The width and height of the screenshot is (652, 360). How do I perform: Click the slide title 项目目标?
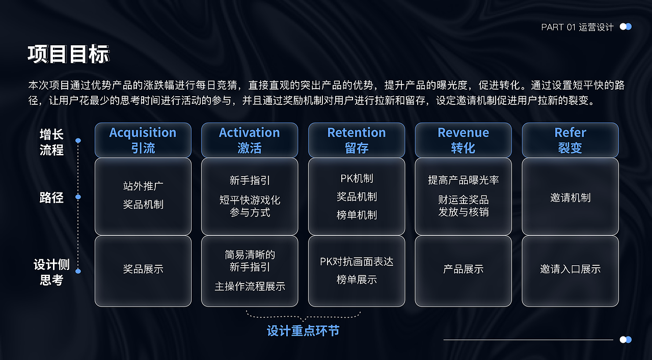click(68, 54)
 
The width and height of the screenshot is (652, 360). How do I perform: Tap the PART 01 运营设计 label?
click(577, 27)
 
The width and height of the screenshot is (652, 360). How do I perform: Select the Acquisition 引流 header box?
click(143, 140)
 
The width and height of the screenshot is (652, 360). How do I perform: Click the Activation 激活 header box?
click(250, 140)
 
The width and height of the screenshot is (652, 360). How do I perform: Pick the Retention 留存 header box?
click(357, 140)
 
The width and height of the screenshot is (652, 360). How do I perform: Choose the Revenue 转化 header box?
click(463, 140)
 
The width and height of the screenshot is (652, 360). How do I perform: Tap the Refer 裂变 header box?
click(570, 140)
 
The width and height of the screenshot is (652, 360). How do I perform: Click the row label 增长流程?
click(51, 142)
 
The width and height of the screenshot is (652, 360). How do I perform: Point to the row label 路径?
click(51, 198)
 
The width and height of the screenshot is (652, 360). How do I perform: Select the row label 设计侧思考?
click(51, 272)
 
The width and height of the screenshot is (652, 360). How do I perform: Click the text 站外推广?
click(143, 186)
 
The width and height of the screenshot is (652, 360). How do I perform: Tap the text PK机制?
click(357, 178)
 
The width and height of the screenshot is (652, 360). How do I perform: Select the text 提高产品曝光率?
click(463, 180)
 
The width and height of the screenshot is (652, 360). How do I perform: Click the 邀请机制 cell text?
click(570, 198)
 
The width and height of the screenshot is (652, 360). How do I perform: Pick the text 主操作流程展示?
click(250, 286)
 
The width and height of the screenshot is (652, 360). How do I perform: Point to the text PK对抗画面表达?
click(357, 262)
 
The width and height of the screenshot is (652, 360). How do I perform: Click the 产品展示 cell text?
click(463, 269)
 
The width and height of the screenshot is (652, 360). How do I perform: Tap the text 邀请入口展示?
click(570, 269)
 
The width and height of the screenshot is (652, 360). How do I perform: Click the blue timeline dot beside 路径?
click(78, 197)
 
